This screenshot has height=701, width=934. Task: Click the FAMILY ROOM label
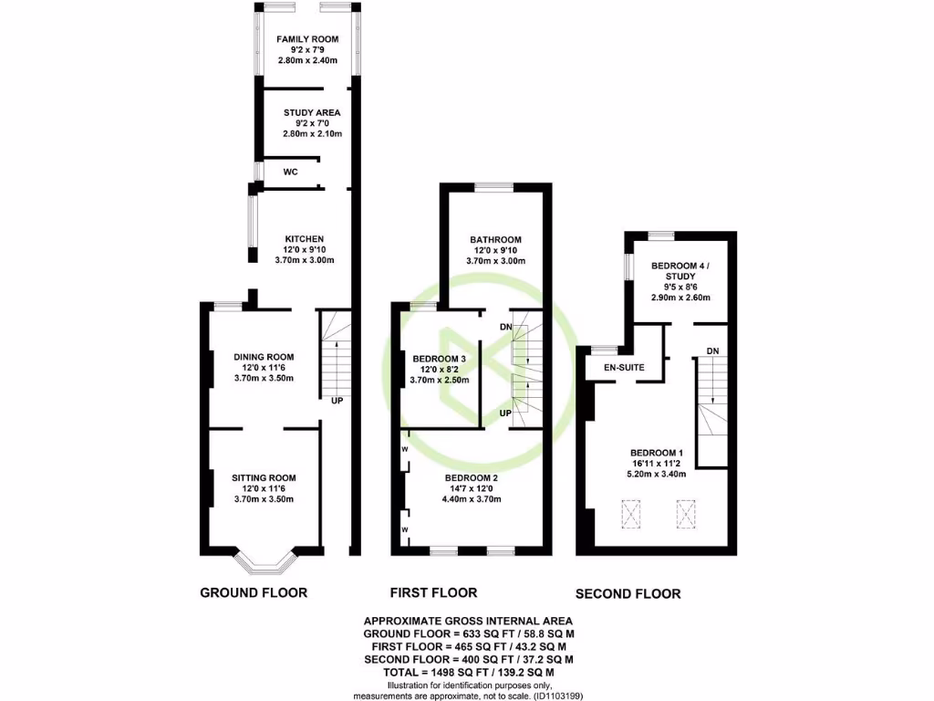click(307, 39)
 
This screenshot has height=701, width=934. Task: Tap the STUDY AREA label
click(311, 113)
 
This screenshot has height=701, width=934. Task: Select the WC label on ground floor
click(290, 172)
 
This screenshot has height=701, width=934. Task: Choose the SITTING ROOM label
click(264, 477)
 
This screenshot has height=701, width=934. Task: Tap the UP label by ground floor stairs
click(337, 400)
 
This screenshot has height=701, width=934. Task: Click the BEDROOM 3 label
click(440, 359)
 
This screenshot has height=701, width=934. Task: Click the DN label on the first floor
click(505, 327)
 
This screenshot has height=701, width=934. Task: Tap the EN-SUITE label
click(625, 367)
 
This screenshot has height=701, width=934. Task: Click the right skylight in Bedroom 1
click(686, 515)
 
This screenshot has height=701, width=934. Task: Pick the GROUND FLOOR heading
click(254, 592)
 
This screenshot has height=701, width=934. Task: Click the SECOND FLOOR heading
click(628, 593)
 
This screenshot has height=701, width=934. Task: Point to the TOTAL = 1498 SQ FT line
click(468, 672)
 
